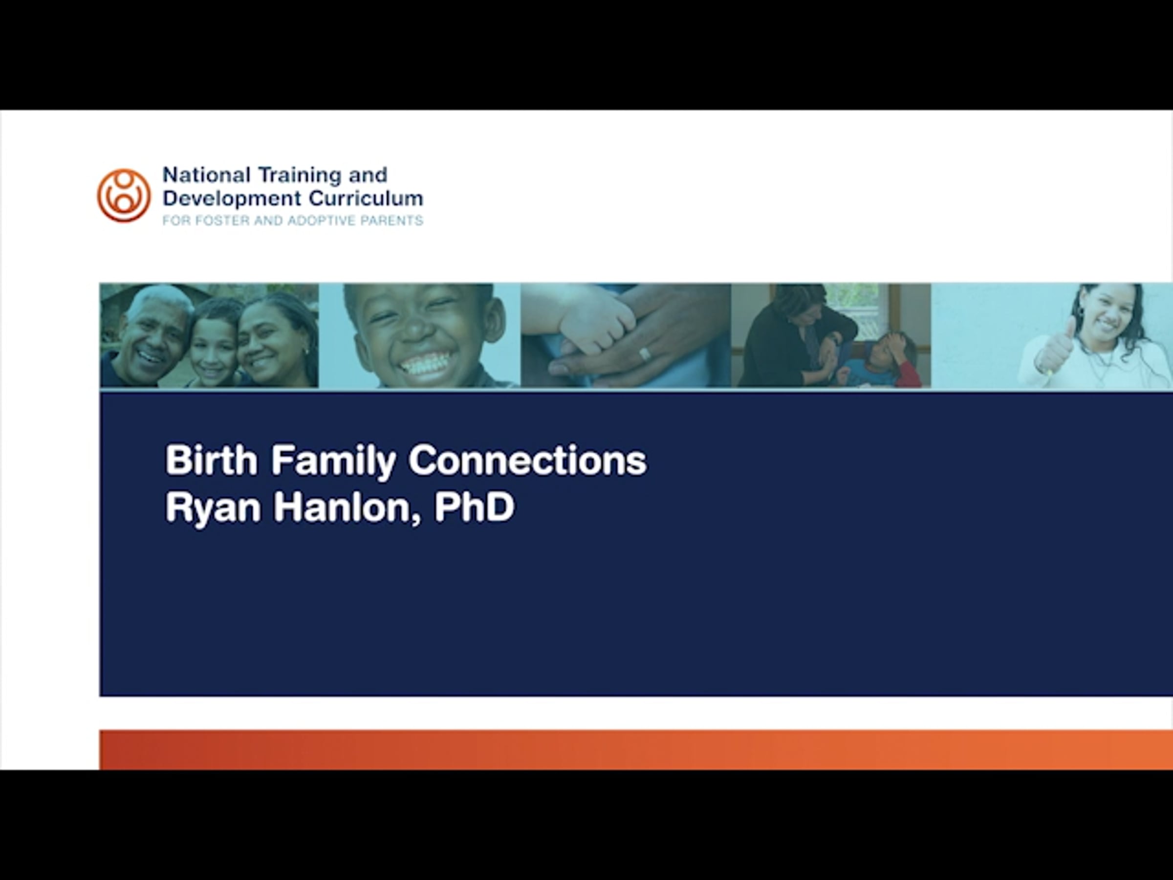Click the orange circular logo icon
124,195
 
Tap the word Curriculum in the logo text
366,198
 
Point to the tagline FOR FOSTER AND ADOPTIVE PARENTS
293,220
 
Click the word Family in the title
333,462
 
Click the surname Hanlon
348,507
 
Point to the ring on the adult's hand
644,353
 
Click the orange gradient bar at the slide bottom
636,749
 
